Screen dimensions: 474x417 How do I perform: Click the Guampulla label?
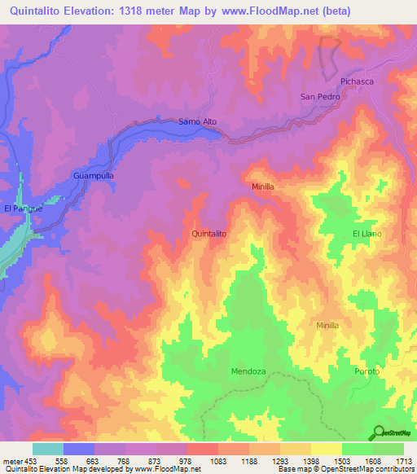(93, 176)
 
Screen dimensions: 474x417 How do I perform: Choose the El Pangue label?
(23, 208)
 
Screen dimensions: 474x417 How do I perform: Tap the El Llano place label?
(367, 234)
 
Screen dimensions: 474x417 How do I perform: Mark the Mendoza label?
(248, 371)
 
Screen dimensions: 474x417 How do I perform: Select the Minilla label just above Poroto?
(327, 325)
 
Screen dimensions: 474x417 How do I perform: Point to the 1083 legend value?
(217, 462)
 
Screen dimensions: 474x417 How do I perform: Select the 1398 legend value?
(310, 462)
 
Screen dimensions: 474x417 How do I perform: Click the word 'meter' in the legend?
(11, 462)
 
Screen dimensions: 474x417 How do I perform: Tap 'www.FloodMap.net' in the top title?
(274, 11)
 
